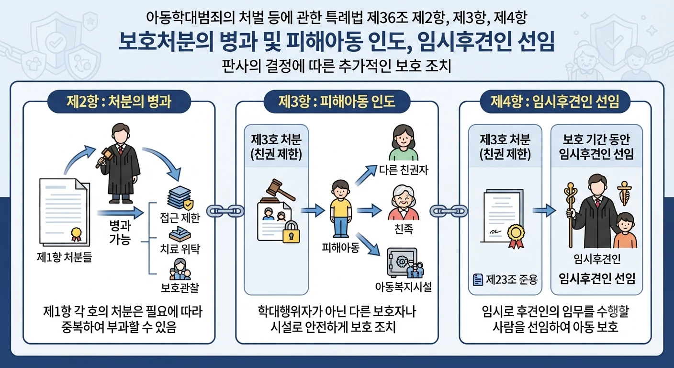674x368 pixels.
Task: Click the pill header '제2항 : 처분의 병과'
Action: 119,102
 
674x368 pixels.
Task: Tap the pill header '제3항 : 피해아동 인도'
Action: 337,102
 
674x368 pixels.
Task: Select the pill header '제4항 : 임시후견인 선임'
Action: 555,102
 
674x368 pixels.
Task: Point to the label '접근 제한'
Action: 180,218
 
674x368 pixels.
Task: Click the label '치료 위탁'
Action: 180,249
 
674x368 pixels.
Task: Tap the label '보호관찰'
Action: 180,288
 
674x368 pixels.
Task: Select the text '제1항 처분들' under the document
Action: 64,257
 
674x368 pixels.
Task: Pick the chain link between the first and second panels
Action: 225,211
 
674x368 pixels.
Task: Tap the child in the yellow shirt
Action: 340,209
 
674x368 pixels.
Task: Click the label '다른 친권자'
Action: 403,170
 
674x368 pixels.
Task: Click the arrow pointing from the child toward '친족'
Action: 369,210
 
